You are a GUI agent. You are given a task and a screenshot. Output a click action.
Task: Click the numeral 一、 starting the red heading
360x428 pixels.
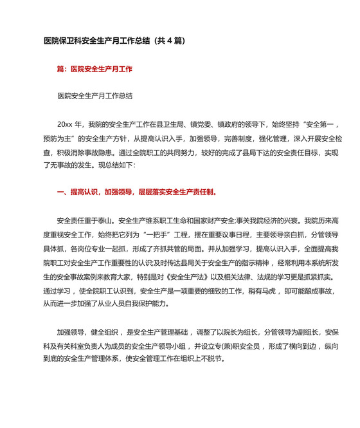[x=62, y=192]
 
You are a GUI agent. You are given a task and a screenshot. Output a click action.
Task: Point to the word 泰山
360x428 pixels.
[x=106, y=219]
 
